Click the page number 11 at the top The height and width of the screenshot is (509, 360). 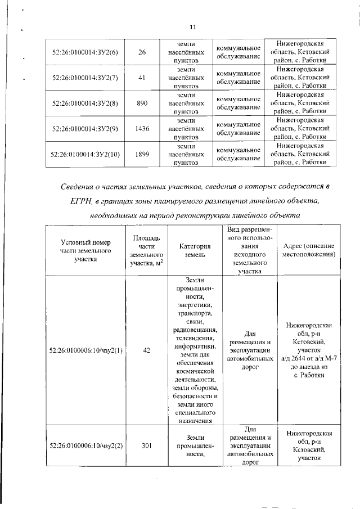tap(192, 28)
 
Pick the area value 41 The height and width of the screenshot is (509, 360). tap(142, 78)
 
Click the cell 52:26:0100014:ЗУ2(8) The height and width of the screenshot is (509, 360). tap(84, 103)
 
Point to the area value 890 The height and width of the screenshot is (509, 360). tap(142, 103)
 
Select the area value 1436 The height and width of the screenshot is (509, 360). tap(142, 129)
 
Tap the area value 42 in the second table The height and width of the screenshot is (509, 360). tap(146, 350)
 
